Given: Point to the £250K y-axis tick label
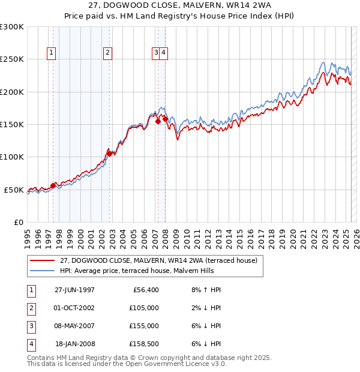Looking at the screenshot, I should point(12,59).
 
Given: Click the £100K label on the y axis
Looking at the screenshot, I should point(12,157).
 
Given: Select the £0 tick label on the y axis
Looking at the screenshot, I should point(18,222).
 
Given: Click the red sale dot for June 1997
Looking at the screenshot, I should point(53,185).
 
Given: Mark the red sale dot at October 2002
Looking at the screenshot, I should point(109,154).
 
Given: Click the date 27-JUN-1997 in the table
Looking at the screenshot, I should point(74,290).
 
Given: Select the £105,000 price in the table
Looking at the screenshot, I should point(144,308).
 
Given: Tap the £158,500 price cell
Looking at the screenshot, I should point(144,344).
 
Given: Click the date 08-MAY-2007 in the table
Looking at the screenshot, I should point(74,326).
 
